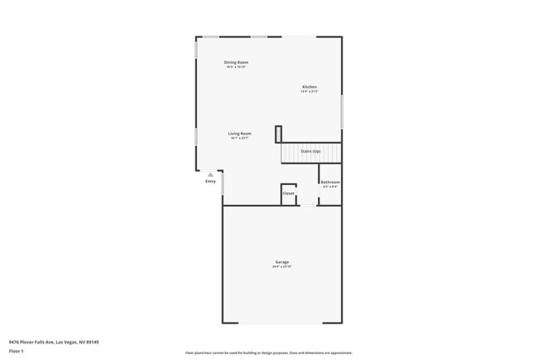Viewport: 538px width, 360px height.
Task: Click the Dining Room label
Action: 236,62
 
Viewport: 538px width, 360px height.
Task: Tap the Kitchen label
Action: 310,87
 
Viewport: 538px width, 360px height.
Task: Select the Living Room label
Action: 240,134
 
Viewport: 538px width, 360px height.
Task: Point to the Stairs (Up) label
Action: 311,152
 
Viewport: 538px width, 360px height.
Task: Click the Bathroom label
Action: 330,182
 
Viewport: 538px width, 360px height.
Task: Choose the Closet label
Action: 288,193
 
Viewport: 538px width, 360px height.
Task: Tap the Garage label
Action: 282,262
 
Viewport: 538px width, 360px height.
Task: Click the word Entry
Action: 210,182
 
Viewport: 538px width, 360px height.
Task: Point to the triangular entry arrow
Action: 211,175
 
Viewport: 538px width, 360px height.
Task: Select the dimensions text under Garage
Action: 282,267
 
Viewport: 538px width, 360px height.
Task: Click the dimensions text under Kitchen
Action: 310,92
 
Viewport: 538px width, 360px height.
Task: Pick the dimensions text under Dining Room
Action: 236,67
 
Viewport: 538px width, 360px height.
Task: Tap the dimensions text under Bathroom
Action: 330,187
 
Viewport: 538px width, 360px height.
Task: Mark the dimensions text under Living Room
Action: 240,139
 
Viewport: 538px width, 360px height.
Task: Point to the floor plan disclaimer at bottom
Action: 269,353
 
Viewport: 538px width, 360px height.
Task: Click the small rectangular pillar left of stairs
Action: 279,134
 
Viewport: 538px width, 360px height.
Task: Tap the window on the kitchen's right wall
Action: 341,112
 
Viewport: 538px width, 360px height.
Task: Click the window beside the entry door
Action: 223,182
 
